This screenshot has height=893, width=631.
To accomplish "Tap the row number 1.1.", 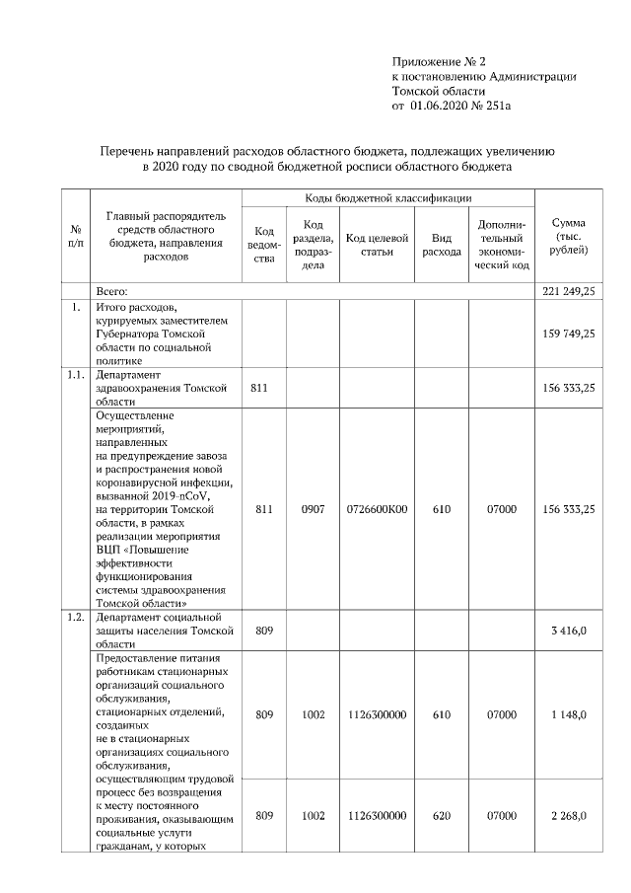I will coord(75,376).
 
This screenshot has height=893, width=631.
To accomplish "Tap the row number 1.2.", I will coord(75,618).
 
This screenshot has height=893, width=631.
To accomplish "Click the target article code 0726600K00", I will coord(378,510).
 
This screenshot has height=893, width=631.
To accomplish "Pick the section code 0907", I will coord(313,510).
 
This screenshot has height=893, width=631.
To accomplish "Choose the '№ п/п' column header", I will coord(75,237).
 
